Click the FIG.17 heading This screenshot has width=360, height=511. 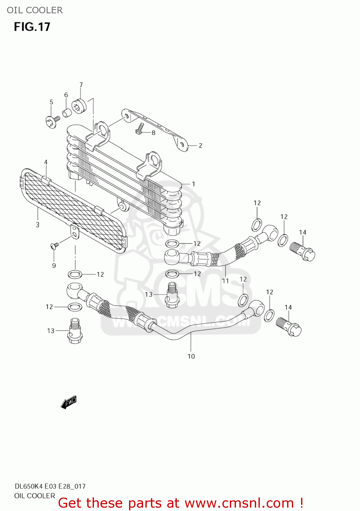(x=32, y=27)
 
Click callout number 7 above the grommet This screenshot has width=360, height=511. (x=81, y=85)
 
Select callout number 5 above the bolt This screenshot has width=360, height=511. (x=51, y=102)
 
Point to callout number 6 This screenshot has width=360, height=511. (x=66, y=95)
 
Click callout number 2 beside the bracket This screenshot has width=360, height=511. (x=201, y=145)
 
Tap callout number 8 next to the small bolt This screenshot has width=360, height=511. (x=154, y=133)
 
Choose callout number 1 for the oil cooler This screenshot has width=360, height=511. (x=193, y=184)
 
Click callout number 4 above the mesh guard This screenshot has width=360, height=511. (x=46, y=162)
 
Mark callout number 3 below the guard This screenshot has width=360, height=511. (x=37, y=225)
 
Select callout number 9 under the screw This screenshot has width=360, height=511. (x=54, y=266)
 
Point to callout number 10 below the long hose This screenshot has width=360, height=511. (x=191, y=356)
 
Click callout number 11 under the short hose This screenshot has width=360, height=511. (x=225, y=281)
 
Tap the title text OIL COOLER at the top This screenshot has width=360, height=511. (x=35, y=10)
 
